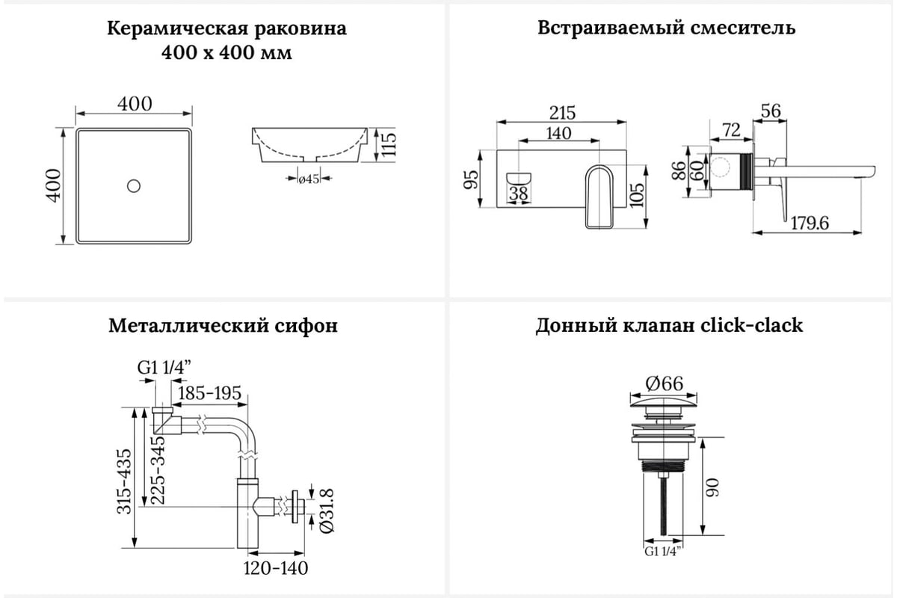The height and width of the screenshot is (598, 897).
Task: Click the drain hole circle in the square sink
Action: [x=134, y=185]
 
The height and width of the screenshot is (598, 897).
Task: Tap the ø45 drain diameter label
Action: [x=309, y=178]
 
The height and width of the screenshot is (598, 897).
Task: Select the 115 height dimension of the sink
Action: [x=387, y=145]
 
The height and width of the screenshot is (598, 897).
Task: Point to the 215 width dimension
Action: [x=563, y=112]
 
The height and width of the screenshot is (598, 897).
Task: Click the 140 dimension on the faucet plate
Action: [x=558, y=133]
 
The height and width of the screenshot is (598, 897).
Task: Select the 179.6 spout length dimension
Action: [x=810, y=223]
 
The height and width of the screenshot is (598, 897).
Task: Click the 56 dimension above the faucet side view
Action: [x=770, y=111]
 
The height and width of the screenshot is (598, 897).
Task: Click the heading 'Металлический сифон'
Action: [x=223, y=326]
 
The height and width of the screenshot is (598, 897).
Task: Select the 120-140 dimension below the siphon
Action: [x=276, y=568]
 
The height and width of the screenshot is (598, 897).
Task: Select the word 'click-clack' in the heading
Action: [x=751, y=326]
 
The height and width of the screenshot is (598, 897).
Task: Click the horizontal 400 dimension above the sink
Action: [x=134, y=103]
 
